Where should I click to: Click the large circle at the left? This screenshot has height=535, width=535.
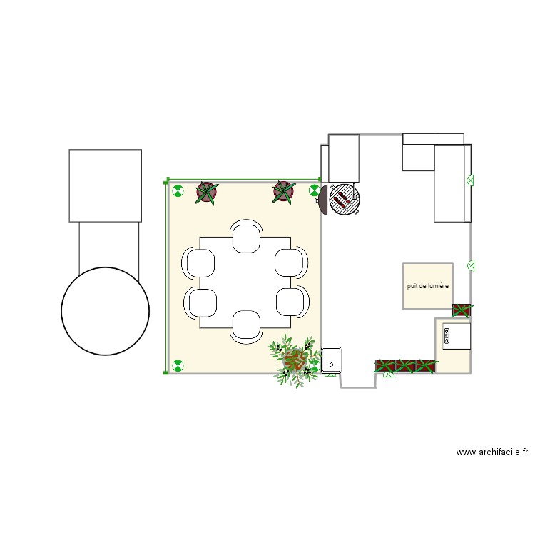pyautogui.click(x=105, y=310)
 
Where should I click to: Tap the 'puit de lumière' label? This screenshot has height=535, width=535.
pyautogui.click(x=428, y=285)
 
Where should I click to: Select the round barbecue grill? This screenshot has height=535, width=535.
pyautogui.click(x=345, y=200)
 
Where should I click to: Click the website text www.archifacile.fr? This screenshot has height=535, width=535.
pyautogui.click(x=492, y=452)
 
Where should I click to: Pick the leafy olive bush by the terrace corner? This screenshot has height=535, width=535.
pyautogui.click(x=293, y=360)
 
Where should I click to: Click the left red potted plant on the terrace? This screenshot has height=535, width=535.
pyautogui.click(x=207, y=192)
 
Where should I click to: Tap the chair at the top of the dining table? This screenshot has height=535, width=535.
pyautogui.click(x=246, y=237)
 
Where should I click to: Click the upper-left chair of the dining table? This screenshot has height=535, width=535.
pyautogui.click(x=201, y=263)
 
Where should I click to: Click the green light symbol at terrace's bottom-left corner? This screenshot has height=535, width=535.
pyautogui.click(x=177, y=367)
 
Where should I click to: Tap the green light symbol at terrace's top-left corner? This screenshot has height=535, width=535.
pyautogui.click(x=177, y=191)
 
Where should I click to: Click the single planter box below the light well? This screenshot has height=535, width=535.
pyautogui.click(x=462, y=310)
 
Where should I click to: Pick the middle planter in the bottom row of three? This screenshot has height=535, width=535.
pyautogui.click(x=406, y=366)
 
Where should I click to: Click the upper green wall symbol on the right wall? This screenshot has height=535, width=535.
pyautogui.click(x=470, y=180)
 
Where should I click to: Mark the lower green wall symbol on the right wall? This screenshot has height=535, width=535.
pyautogui.click(x=471, y=265)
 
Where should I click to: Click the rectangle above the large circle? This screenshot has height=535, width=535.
pyautogui.click(x=105, y=185)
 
